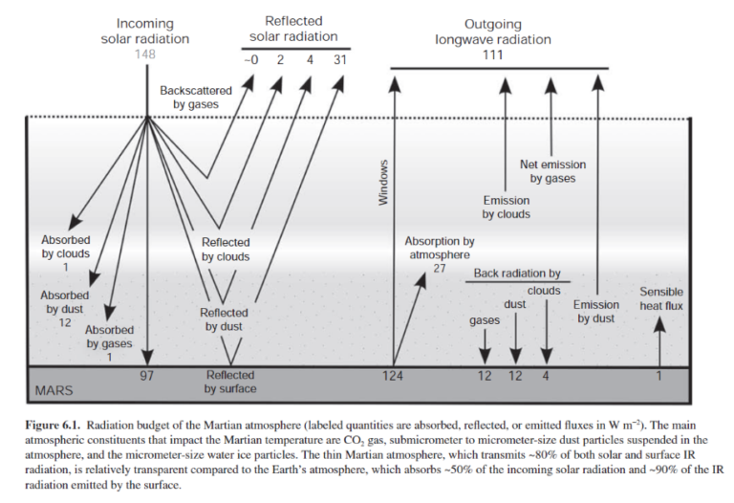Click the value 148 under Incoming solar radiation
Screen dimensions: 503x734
145,55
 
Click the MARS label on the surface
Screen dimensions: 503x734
54,391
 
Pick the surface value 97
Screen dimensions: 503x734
147,376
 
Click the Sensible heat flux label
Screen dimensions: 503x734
661,298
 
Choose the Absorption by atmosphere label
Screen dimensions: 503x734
441,249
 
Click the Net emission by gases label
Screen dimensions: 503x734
552,171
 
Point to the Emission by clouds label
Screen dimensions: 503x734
506,208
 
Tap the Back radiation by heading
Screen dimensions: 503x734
517,273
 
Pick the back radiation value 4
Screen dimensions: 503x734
546,376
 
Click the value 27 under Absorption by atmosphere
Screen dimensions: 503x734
440,269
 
